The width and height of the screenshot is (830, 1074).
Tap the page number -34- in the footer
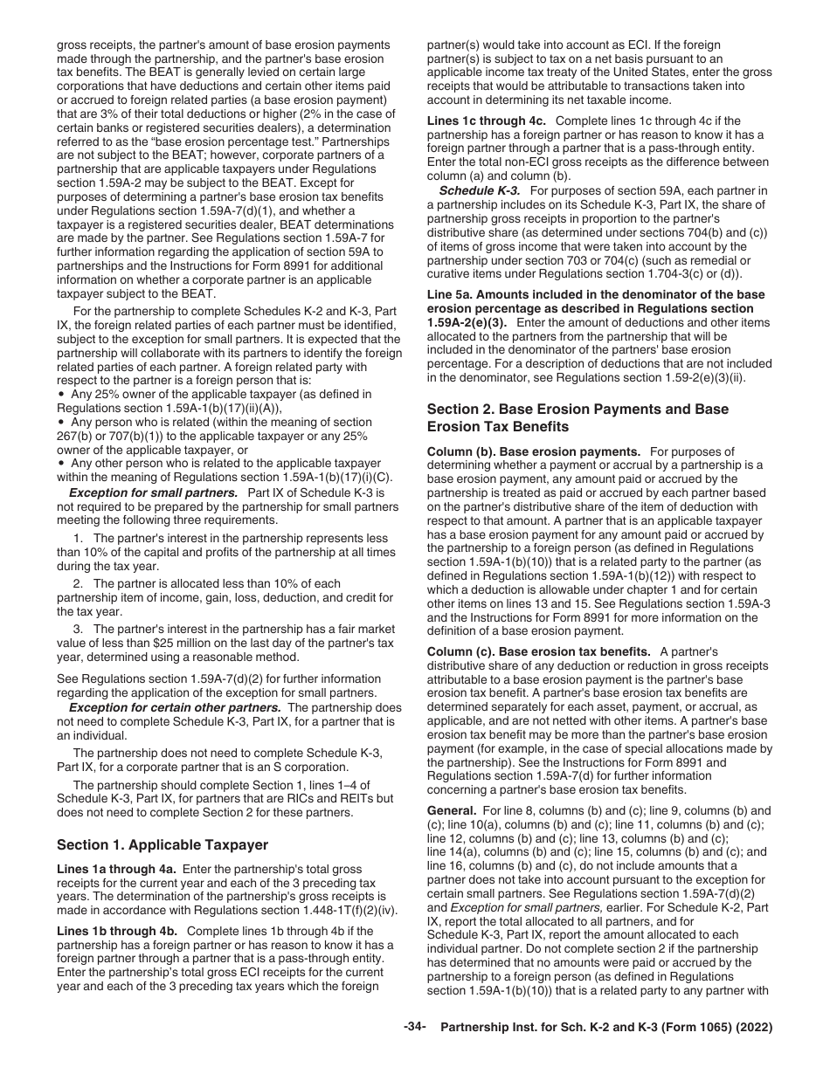414,1028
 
